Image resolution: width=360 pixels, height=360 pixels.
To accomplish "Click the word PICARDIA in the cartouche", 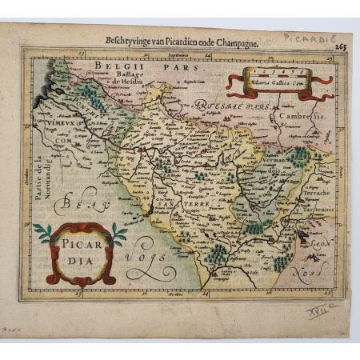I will [80, 253].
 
